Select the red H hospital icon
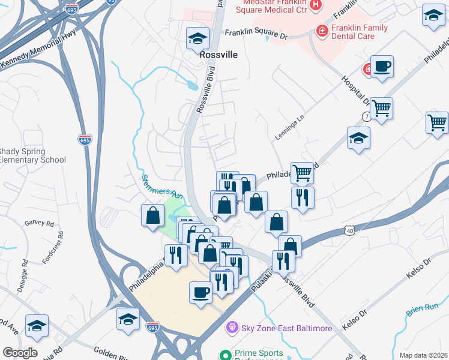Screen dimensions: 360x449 tap(315, 5)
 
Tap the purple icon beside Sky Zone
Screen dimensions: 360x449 tap(230, 328)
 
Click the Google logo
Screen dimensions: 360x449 tap(20, 352)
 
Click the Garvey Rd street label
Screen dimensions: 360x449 tap(40, 223)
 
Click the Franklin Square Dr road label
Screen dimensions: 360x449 tap(256, 34)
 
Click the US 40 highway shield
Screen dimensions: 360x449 tap(350, 230)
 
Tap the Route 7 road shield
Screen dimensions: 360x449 tap(365, 115)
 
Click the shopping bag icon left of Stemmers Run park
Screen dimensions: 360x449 tap(152, 215)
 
